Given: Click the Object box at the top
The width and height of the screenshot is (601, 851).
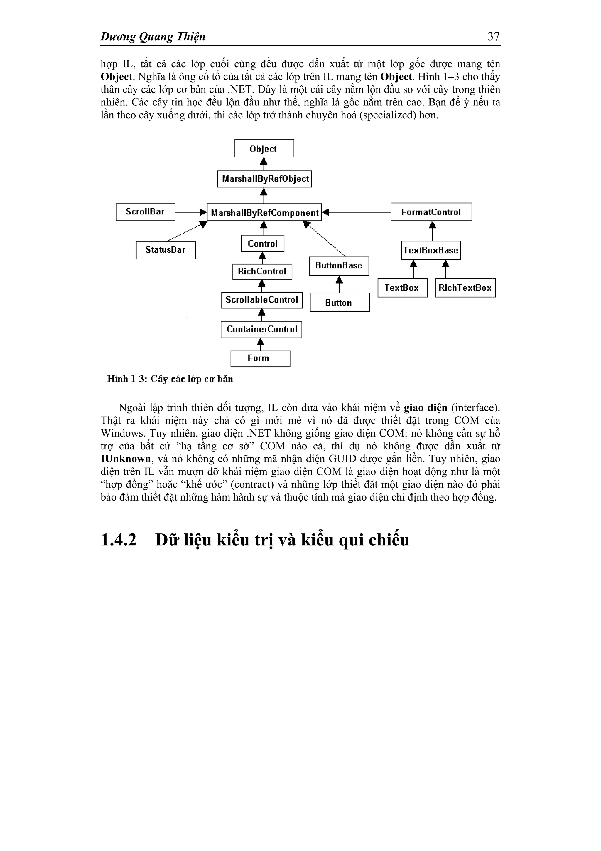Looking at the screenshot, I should pos(264,148).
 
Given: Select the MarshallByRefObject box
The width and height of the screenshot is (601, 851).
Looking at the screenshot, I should pos(264,179).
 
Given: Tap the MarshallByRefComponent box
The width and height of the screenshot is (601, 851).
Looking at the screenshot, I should pos(264,212).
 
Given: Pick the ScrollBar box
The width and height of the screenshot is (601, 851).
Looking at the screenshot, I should pos(145,212).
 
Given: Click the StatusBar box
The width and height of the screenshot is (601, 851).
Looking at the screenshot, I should pos(166,250).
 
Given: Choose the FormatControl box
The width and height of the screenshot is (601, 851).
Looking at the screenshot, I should pos(431,212).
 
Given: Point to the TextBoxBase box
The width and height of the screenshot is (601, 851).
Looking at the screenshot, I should pos(431,250).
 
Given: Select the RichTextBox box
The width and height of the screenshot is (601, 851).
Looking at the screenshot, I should pos(465,288).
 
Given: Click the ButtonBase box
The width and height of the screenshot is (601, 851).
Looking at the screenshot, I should pos(339,266).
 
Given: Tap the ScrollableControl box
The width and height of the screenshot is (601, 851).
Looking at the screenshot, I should pos(262,300).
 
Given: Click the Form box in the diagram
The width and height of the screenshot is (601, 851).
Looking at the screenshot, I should pos(260,358).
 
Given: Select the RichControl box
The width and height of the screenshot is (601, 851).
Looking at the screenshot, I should pos(262,272).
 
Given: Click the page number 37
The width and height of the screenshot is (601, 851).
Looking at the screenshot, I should pos(494,36).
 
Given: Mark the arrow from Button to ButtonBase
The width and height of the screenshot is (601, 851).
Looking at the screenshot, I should pos(339,284).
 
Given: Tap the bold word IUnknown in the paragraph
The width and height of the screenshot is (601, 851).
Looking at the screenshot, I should pos(126,459).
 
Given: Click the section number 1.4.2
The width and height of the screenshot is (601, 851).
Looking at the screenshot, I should pos(119,540).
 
